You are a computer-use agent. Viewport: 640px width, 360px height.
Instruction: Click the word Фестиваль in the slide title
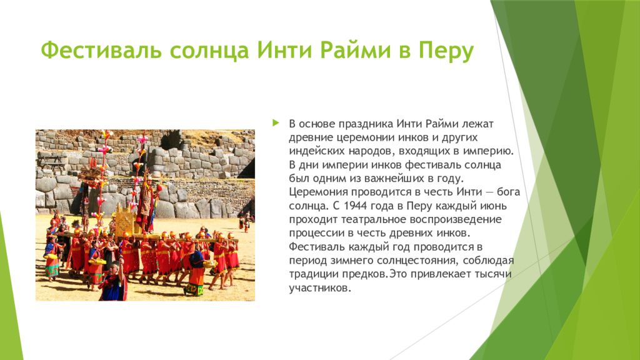point(101,50)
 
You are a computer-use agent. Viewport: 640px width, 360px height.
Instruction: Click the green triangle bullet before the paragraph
point(276,122)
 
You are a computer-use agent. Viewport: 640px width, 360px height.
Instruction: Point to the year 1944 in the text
point(357,205)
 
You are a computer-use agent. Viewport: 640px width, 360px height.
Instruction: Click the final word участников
point(320,288)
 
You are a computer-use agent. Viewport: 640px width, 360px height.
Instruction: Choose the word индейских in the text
point(317,151)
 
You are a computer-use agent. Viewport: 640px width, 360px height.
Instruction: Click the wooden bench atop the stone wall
point(52,161)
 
